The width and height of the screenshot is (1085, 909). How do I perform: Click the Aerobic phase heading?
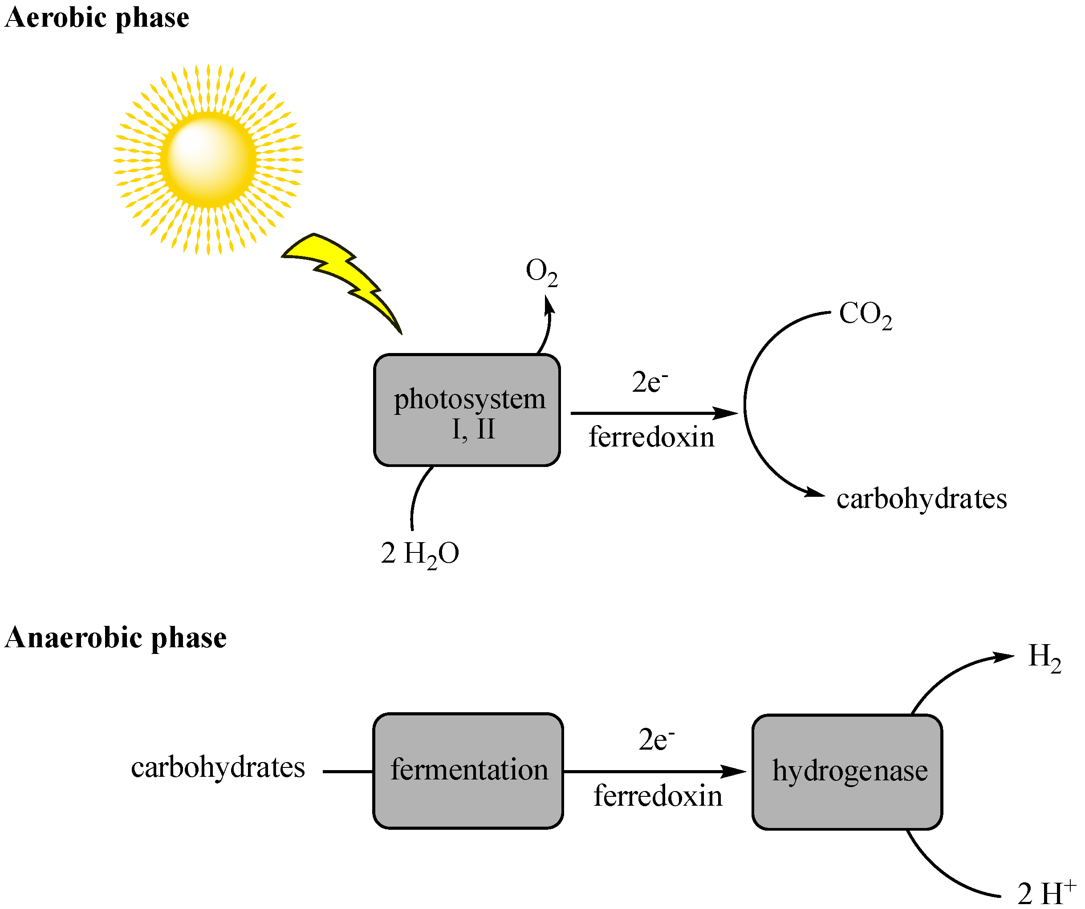97,19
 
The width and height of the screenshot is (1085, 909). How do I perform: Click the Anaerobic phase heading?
116,638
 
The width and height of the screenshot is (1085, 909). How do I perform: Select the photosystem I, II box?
467,410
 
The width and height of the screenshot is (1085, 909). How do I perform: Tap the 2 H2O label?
419,554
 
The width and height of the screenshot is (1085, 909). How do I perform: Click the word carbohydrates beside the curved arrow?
921,499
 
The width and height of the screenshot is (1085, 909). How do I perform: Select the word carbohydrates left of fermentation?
218,767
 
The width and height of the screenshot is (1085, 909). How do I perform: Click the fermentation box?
468,770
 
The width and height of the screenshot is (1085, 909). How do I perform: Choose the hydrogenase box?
847,771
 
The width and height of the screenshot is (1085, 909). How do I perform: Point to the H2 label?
1044,657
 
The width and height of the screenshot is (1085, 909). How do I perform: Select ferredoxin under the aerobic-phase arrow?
651,438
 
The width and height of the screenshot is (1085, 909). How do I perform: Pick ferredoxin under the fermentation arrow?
657,796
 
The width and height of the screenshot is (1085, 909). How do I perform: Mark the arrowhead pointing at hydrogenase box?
735,771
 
